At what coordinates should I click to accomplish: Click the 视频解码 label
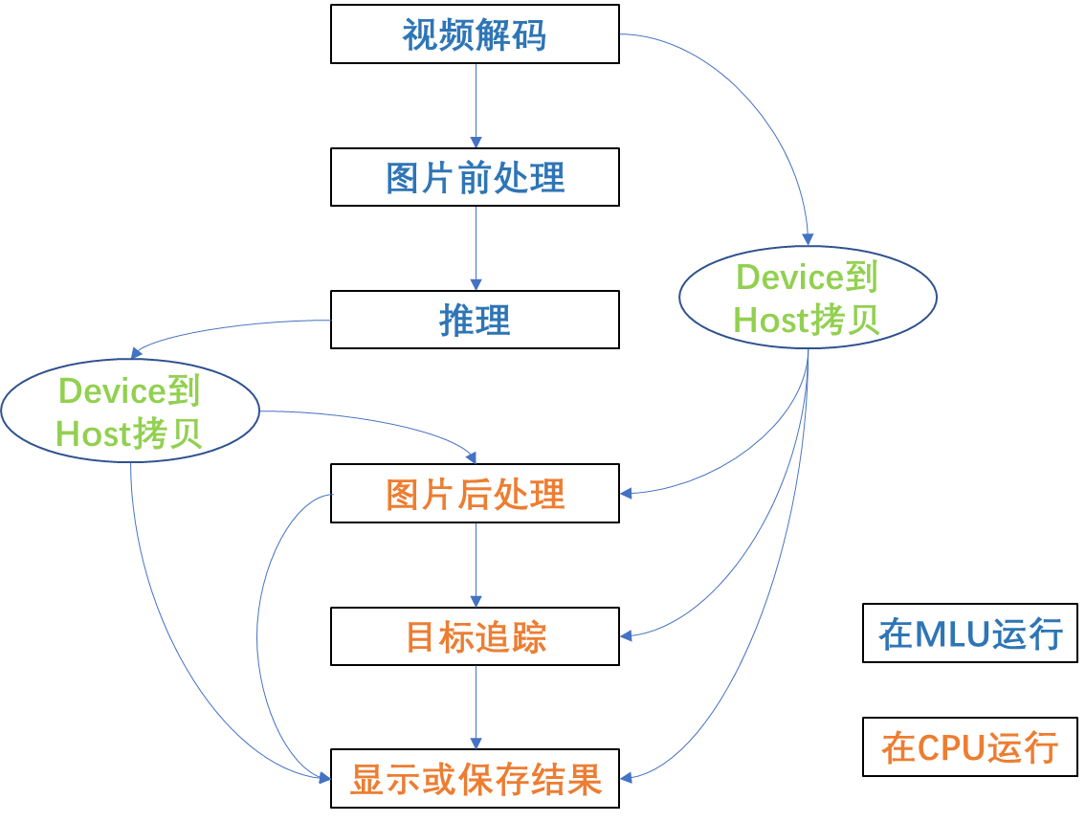[x=475, y=35]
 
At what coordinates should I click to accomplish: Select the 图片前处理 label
[x=475, y=178]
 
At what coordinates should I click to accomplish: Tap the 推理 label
[x=475, y=321]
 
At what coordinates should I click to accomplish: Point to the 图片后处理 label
[x=475, y=495]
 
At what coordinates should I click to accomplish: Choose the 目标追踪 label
[x=476, y=637]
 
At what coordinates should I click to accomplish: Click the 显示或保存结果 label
[x=476, y=780]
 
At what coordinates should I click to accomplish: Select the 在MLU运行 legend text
[x=970, y=634]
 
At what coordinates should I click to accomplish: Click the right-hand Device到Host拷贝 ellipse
[x=807, y=298]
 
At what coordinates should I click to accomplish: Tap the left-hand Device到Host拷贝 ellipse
[x=130, y=412]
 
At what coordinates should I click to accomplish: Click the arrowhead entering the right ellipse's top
[x=808, y=239]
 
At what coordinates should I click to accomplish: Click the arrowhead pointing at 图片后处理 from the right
[x=627, y=494]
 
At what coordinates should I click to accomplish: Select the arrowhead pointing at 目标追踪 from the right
[x=627, y=634]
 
